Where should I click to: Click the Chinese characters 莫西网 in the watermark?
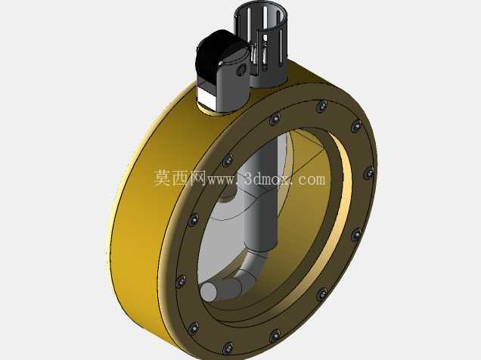coord(180,178)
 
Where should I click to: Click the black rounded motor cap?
coord(216,58)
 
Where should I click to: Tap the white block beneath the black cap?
coord(207,96)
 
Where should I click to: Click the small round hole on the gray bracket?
coord(241,70)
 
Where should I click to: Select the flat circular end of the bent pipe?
coord(208,291)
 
